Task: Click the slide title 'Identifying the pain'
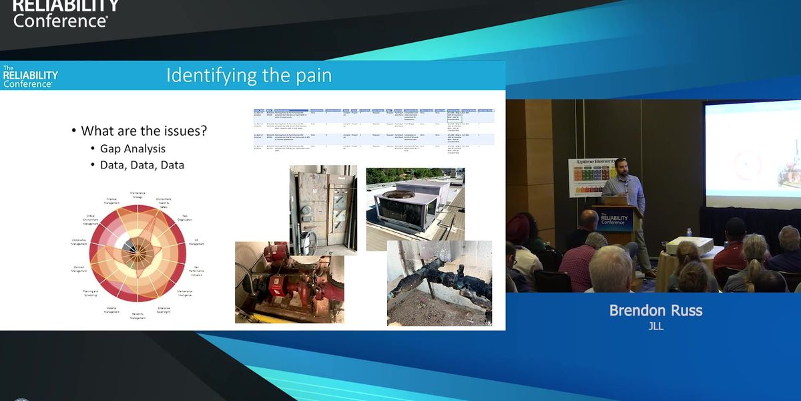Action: [248, 75]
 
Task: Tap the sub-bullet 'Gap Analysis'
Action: [132, 148]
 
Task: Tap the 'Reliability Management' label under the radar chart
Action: [138, 315]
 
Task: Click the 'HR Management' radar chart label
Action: [196, 242]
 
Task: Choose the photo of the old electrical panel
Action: [323, 210]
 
